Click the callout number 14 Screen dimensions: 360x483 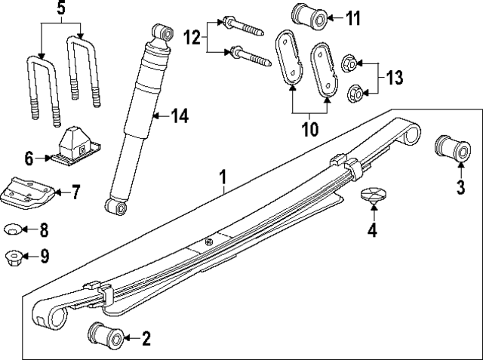click(178, 115)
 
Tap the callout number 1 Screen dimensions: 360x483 click(223, 178)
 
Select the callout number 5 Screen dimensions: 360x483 click(61, 11)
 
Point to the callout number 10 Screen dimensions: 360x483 click(309, 129)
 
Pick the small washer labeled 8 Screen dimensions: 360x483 click(13, 229)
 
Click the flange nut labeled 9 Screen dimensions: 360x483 click(13, 256)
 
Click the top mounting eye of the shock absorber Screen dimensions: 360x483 click(161, 32)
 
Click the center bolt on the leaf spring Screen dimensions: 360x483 click(209, 242)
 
